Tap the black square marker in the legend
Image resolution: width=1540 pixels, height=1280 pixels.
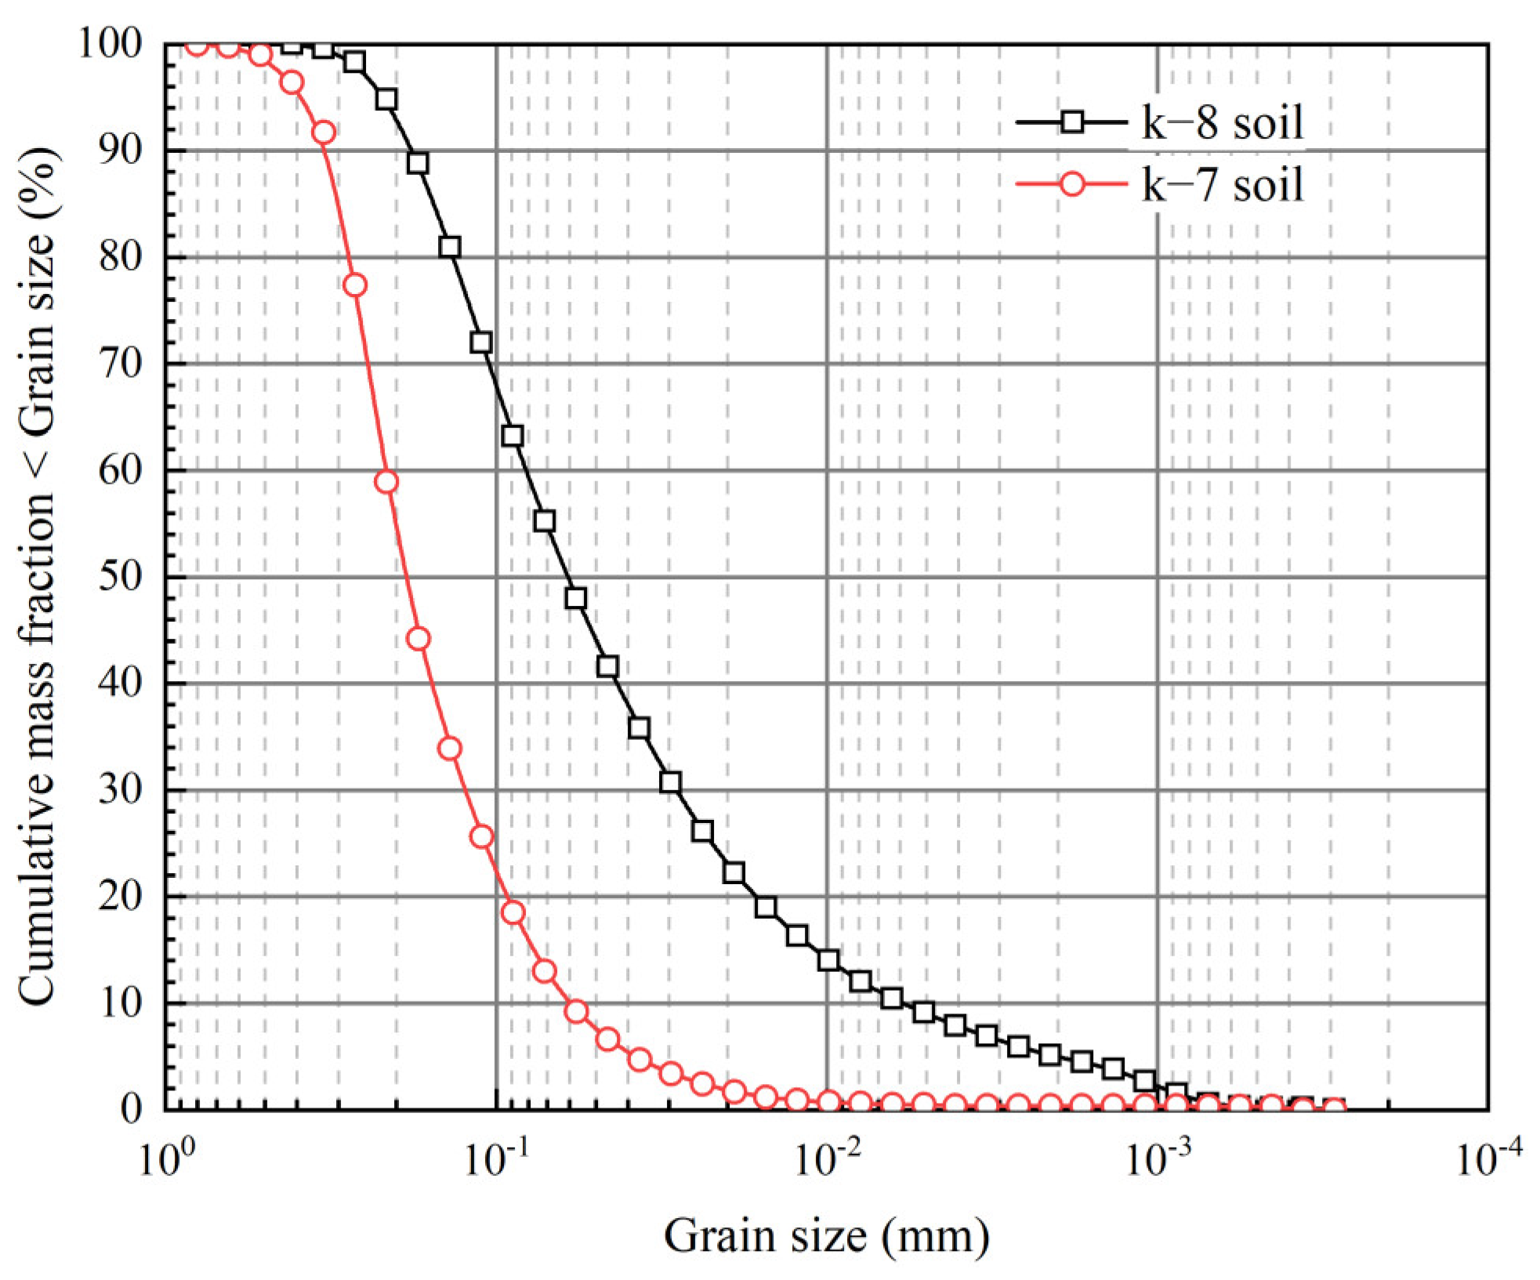(x=1072, y=122)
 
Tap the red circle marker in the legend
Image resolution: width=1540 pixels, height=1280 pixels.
(x=1072, y=185)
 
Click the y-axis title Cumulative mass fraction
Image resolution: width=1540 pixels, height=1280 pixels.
(x=37, y=576)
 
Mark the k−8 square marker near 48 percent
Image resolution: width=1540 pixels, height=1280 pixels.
(x=575, y=598)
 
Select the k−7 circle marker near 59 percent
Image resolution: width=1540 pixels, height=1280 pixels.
(x=386, y=481)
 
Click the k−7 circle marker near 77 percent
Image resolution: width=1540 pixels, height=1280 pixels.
(x=355, y=285)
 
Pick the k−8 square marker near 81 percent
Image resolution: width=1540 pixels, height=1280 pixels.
(x=450, y=248)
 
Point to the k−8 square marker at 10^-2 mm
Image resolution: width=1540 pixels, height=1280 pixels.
(x=828, y=960)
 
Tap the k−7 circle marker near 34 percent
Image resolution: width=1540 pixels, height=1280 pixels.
(x=450, y=749)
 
